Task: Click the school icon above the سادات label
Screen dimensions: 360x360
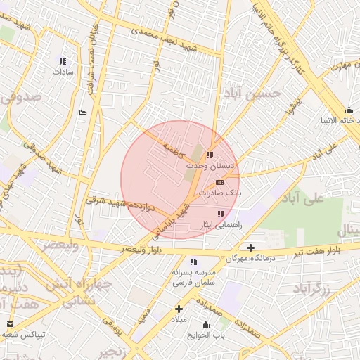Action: [63, 60]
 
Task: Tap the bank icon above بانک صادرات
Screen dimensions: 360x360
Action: [220, 182]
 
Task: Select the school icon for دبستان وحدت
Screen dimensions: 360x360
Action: [210, 155]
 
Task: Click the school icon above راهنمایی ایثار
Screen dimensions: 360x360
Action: [221, 213]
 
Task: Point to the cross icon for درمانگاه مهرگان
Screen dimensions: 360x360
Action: [250, 247]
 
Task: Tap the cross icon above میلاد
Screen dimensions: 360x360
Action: [179, 309]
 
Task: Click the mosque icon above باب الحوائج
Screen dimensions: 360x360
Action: [205, 324]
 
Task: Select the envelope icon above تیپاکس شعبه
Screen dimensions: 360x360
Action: [10, 324]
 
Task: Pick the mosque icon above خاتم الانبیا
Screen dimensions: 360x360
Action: [349, 110]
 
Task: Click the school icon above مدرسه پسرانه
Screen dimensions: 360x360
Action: [193, 262]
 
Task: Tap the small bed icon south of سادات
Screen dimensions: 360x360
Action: [83, 112]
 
